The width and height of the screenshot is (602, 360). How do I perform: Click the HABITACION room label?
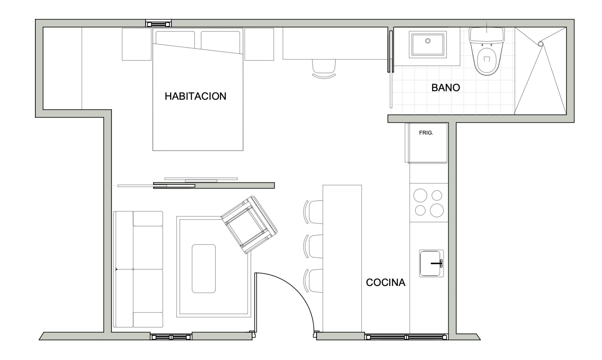click(195, 96)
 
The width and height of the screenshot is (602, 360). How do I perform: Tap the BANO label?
click(446, 87)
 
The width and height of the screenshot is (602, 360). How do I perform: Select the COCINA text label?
click(386, 283)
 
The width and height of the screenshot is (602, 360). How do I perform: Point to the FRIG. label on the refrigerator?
click(426, 133)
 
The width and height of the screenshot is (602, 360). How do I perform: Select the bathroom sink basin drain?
click(428, 41)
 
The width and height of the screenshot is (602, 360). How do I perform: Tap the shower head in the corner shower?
click(541, 44)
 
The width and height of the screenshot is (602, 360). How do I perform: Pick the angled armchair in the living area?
click(249, 225)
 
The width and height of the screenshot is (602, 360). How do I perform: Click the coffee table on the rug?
click(204, 269)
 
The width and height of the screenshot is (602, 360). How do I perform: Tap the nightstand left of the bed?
click(137, 44)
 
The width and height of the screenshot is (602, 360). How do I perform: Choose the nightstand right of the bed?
click(259, 44)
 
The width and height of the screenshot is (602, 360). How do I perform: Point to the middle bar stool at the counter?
click(313, 246)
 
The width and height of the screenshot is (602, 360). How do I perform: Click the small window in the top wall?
click(159, 24)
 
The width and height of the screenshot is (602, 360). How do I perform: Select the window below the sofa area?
click(171, 337)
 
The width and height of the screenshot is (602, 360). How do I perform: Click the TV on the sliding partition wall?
click(201, 180)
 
